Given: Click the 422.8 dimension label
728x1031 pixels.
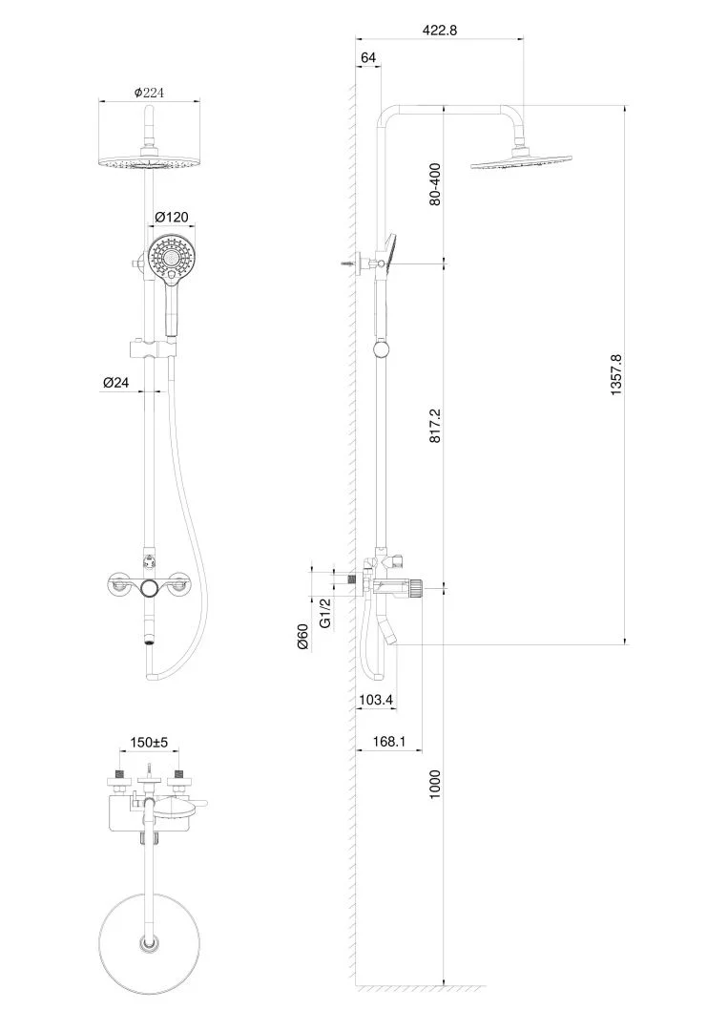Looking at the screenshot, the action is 440,31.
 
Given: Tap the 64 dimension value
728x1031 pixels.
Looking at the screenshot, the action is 368,58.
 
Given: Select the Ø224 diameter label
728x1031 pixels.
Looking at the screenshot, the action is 149,93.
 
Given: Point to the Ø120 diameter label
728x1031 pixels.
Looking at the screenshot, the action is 172,217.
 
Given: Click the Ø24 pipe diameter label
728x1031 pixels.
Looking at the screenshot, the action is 116,382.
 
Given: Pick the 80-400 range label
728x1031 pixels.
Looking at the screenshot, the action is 435,184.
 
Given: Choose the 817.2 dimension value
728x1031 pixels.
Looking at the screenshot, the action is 435,425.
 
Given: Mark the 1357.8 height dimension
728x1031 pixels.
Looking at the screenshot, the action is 615,374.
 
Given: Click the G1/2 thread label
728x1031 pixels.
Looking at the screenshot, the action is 324,613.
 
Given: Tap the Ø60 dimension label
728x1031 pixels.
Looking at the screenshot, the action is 302,637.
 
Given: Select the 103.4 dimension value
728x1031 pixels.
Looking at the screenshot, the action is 376,701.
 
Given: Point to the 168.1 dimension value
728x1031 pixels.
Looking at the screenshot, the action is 389,742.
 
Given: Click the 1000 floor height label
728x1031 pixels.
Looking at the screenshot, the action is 435,784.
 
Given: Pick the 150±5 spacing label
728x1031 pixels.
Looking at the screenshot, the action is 149,743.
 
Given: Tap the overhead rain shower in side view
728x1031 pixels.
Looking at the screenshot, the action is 522,161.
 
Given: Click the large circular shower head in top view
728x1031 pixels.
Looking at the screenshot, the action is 149,943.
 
